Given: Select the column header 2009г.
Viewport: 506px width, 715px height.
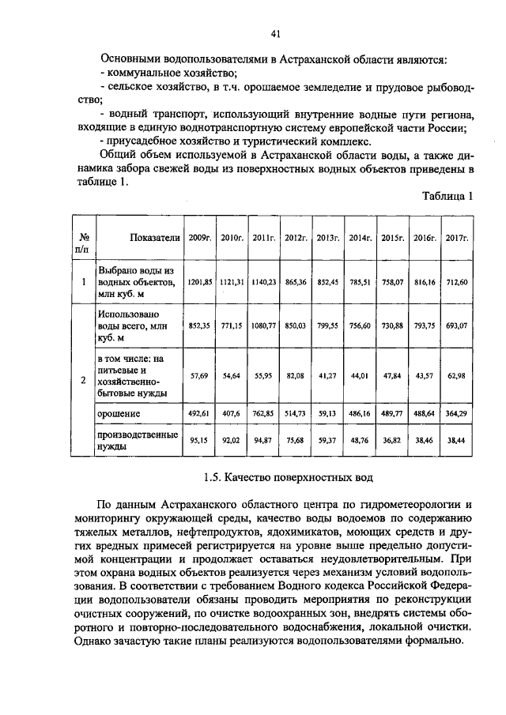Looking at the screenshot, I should [x=198, y=238].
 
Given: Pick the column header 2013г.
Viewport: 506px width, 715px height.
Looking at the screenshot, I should [x=327, y=238].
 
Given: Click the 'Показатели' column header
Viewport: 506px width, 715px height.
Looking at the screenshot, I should [x=139, y=238].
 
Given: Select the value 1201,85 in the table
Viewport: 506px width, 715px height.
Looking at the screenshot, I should [x=198, y=281].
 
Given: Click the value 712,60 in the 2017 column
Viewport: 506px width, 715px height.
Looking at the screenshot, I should [x=455, y=281].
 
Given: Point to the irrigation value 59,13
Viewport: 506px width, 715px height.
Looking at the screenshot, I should [x=327, y=412].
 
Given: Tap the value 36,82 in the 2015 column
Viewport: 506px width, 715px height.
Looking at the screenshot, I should [x=391, y=441].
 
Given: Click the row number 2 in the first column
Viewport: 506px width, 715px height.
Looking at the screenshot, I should [x=84, y=381].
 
